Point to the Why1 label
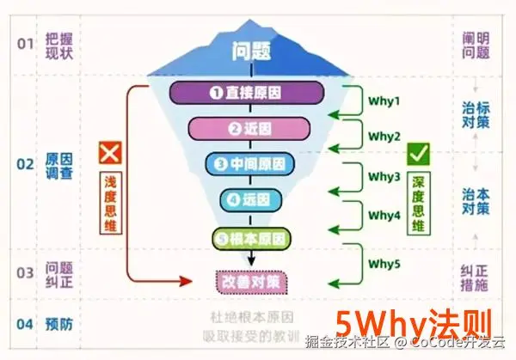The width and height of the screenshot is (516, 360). [385, 101]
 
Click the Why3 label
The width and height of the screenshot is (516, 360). [385, 176]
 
